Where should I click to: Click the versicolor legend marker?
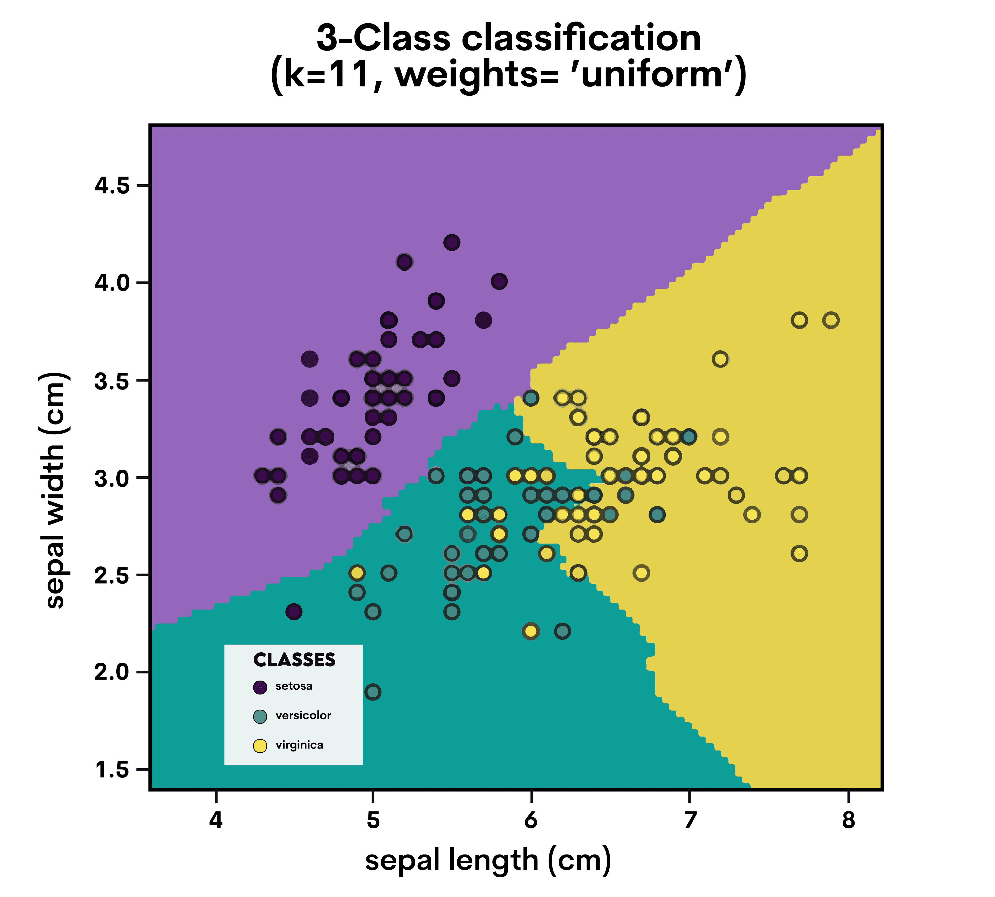pos(260,716)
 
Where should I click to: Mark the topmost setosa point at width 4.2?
pos(451,243)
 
